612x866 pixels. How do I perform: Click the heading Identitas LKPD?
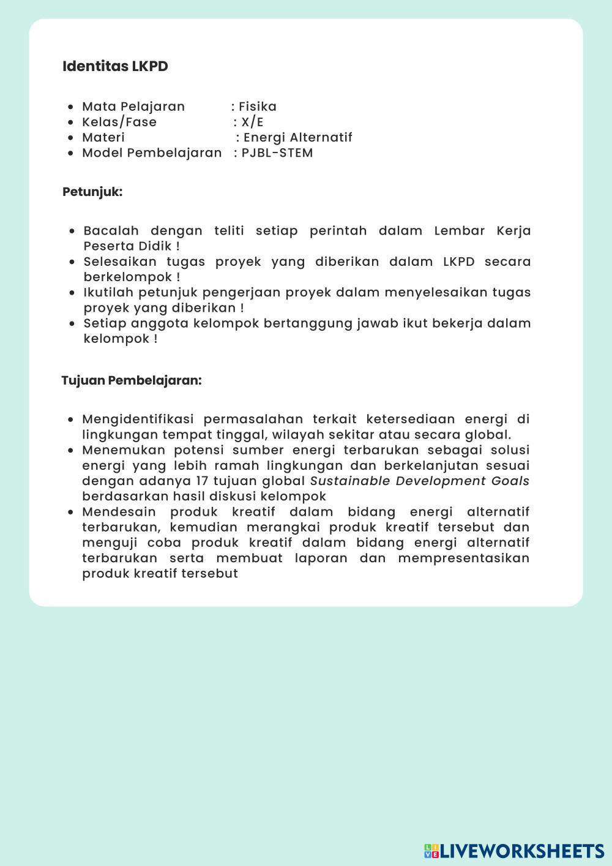(x=115, y=66)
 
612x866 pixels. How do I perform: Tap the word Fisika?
(x=258, y=107)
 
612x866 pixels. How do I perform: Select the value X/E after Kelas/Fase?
(x=252, y=122)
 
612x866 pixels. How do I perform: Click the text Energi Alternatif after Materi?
(x=298, y=137)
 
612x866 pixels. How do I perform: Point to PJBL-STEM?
(x=277, y=152)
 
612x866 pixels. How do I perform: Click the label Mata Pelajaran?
(x=133, y=107)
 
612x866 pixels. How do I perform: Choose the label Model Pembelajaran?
(x=152, y=152)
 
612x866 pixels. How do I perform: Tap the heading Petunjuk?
(x=92, y=192)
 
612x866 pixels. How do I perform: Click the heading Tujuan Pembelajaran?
(x=132, y=380)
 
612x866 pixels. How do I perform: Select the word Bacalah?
(x=111, y=231)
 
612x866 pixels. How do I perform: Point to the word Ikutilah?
(x=107, y=292)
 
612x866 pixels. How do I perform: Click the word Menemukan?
(x=124, y=450)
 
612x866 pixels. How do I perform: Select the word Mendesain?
(x=119, y=511)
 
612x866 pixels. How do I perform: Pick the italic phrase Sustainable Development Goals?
(x=420, y=481)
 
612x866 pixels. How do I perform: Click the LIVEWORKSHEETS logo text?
(x=521, y=851)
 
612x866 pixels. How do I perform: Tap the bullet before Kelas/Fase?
(x=72, y=122)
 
